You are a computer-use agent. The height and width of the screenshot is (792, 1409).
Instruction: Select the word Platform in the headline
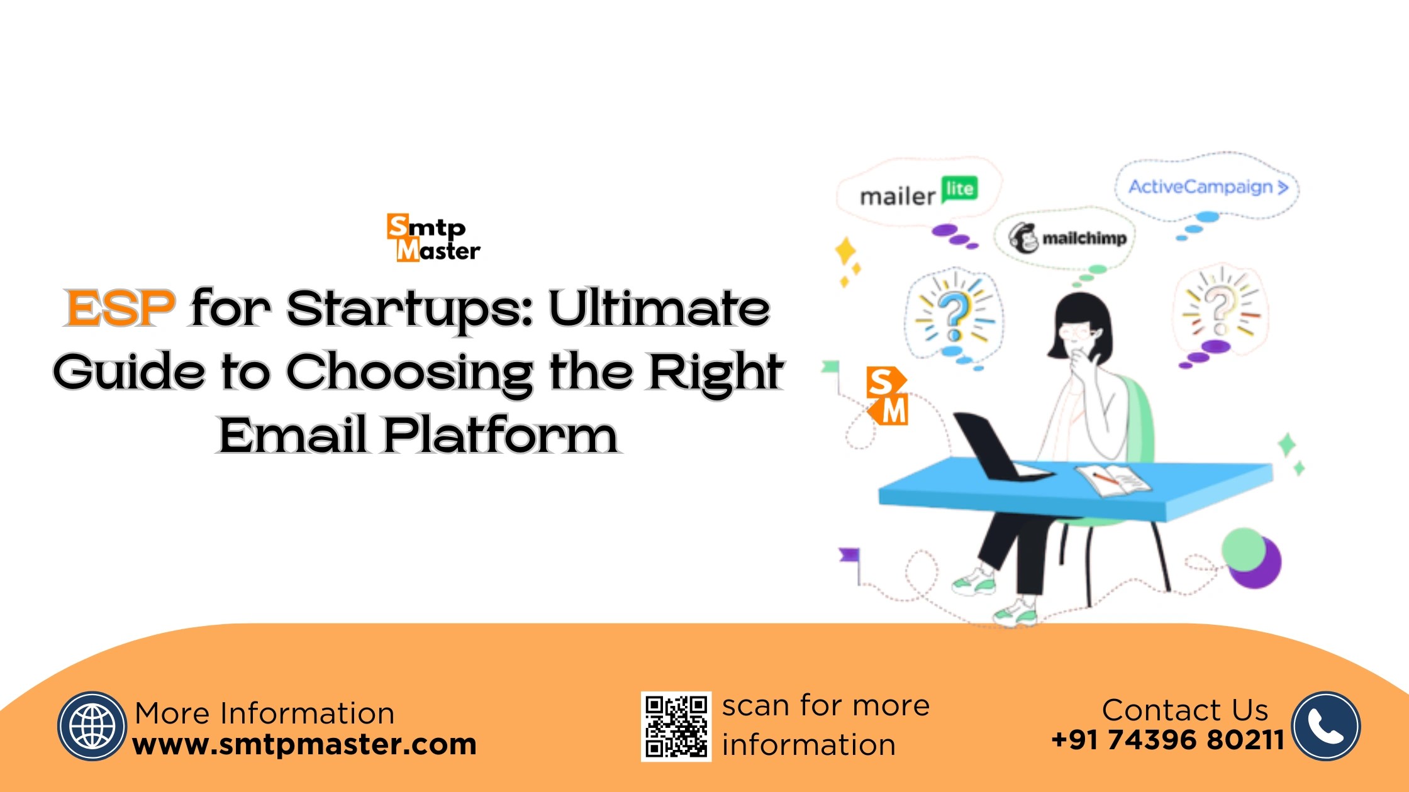[501, 435]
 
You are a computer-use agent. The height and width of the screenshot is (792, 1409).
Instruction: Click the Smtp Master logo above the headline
[433, 238]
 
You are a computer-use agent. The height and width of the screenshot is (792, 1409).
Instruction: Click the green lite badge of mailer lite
[959, 189]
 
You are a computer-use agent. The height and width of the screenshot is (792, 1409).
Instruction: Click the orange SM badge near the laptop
[887, 396]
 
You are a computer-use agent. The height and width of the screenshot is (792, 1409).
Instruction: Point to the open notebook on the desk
[1113, 480]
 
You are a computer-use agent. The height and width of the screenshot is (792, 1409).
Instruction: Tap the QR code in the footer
[676, 727]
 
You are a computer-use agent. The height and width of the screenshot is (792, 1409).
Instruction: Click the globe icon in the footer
[92, 727]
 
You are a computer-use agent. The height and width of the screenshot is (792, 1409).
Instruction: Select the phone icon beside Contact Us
[1326, 727]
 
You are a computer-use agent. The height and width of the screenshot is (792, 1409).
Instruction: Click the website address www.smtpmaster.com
[304, 744]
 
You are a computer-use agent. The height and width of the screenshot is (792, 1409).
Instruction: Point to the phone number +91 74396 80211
[1167, 740]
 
